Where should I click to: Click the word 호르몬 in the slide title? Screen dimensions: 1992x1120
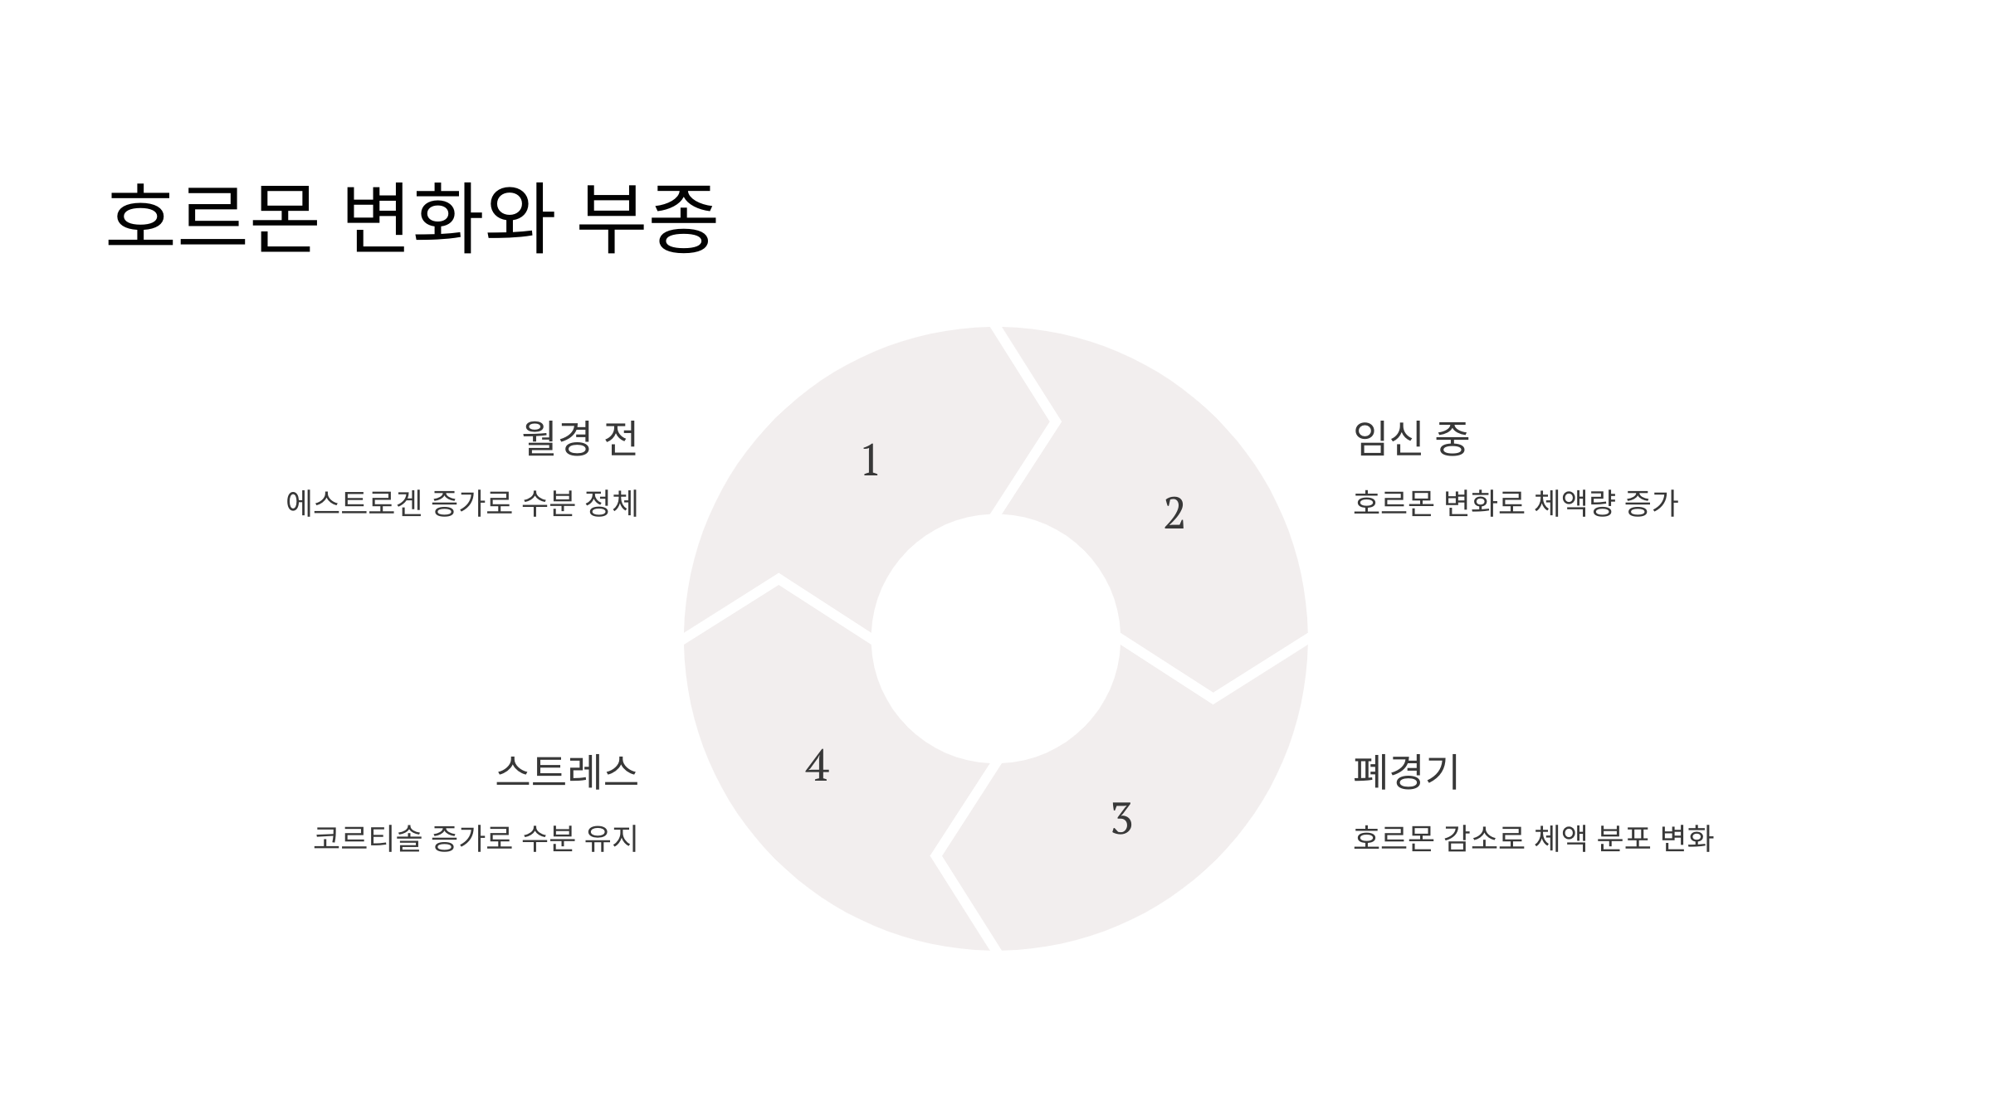coord(212,218)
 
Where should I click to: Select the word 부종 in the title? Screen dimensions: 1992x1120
coord(647,218)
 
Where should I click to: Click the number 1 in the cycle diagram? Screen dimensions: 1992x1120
coord(870,460)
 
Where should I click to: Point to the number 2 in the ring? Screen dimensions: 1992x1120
coord(1174,514)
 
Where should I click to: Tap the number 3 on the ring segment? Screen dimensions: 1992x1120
coord(1121,819)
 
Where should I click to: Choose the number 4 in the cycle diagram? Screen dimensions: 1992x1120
coord(817,766)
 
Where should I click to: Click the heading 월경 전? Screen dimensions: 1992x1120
coord(579,438)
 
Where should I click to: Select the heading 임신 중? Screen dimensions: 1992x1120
coord(1411,438)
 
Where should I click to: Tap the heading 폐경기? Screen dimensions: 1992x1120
coord(1406,772)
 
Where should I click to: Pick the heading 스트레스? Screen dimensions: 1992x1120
coord(567,772)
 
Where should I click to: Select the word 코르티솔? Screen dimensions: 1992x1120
coord(367,838)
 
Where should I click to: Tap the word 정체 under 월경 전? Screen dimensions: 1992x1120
coord(612,504)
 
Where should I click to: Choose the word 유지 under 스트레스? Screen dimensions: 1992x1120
coord(612,838)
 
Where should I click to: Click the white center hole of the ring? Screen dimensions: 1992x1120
coord(995,638)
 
